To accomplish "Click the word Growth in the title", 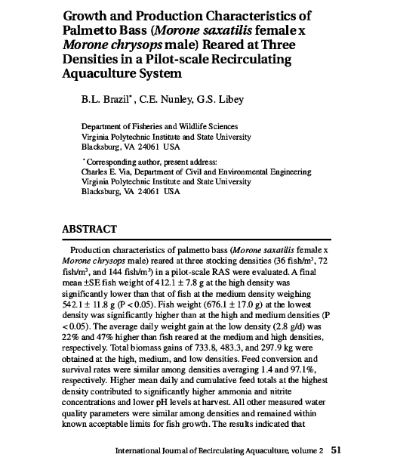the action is click(88, 16).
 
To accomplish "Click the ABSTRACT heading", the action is click(90, 229).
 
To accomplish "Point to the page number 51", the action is click(337, 450).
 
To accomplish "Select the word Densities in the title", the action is click(94, 59).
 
